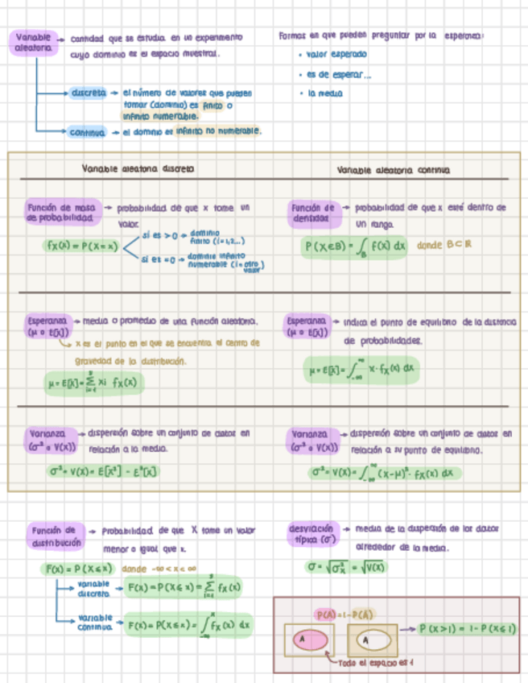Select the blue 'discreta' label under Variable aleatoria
[89, 93]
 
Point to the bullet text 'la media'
[325, 93]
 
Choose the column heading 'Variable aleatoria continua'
[394, 170]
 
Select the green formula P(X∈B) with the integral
[355, 246]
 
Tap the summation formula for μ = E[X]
[92, 383]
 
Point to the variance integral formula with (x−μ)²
[386, 473]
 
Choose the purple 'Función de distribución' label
[55, 536]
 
